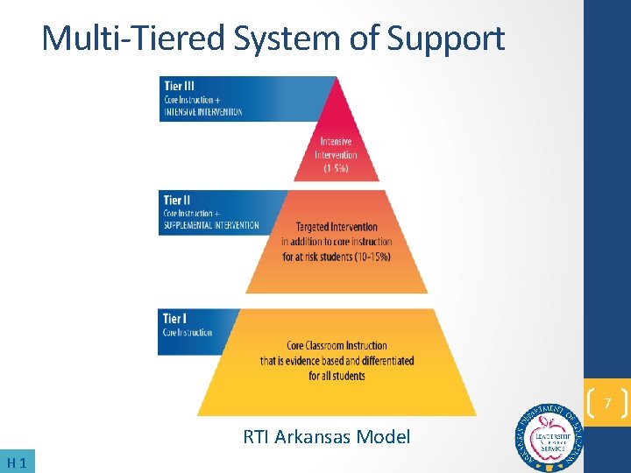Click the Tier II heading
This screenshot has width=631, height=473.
click(176, 201)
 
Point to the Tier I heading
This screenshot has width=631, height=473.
click(174, 319)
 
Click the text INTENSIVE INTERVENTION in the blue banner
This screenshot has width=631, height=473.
click(202, 111)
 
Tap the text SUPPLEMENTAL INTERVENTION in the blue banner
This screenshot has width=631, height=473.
click(211, 225)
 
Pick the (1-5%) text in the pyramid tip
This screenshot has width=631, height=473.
click(337, 168)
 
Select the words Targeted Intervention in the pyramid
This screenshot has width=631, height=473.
click(337, 227)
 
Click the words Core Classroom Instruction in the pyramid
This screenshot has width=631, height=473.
click(337, 346)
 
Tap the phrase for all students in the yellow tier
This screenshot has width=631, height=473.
click(337, 376)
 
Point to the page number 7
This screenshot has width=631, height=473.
click(606, 404)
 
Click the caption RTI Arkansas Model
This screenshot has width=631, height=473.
click(326, 436)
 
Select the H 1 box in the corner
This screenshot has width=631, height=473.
click(18, 462)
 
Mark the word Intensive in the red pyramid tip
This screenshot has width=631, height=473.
click(337, 142)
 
